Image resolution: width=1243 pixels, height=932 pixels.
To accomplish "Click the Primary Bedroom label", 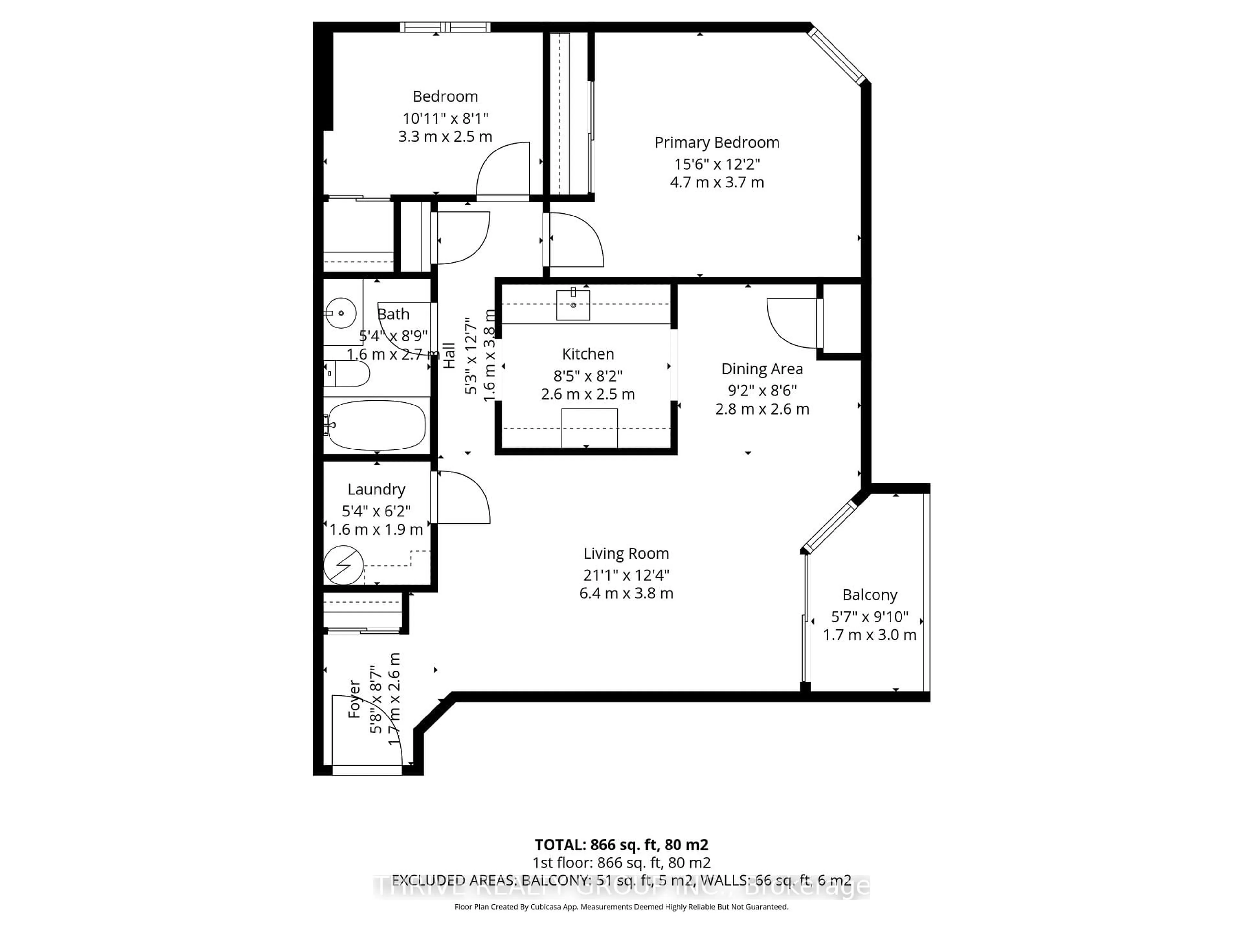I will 716,143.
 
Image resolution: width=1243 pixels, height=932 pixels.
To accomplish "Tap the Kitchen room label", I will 588,354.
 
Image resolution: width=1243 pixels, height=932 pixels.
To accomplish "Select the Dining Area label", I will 762,369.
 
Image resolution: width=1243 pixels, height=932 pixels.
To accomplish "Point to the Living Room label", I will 626,553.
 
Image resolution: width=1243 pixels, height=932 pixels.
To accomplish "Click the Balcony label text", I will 869,594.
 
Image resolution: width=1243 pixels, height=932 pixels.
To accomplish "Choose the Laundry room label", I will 376,489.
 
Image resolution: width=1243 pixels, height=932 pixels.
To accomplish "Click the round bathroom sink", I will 341,313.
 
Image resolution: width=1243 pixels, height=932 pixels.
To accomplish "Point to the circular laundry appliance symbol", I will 343,565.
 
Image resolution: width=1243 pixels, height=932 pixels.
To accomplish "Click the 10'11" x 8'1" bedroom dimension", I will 445,118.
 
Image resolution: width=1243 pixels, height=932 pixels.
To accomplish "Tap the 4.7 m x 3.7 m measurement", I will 716,182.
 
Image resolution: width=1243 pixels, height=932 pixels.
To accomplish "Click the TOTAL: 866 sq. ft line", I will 621,844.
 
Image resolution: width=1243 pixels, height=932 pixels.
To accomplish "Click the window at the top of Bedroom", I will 445,27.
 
